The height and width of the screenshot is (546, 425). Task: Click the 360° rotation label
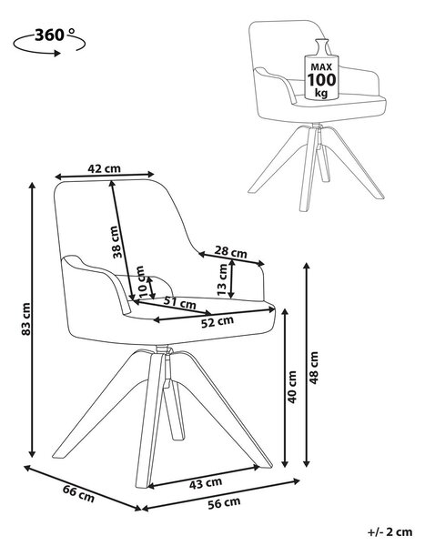tap(55, 35)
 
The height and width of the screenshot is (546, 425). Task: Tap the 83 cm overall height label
tap(26, 319)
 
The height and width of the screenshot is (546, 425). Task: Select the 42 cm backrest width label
tap(104, 168)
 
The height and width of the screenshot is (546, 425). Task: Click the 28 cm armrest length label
tap(230, 251)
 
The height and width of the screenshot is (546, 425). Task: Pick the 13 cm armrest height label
tap(222, 279)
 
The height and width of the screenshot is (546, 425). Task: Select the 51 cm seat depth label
tap(180, 302)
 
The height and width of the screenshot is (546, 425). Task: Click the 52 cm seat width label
tap(218, 322)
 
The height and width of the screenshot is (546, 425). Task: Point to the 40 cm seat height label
tap(291, 387)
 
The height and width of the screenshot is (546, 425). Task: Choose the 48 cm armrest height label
tap(314, 368)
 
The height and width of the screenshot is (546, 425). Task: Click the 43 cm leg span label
tap(206, 483)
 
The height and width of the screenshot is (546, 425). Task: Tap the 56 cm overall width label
tap(224, 503)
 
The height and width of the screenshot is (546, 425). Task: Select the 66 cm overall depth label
tap(79, 493)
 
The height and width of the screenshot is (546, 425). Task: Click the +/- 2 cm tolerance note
tap(390, 531)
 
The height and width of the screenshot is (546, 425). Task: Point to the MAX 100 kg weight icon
tap(321, 69)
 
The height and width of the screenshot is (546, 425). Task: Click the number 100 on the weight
tap(321, 80)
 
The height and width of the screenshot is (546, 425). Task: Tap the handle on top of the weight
tap(321, 46)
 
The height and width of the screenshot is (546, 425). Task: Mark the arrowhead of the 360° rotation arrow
tap(56, 54)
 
